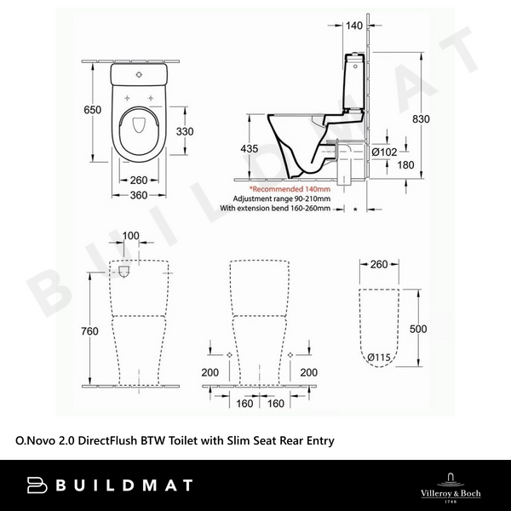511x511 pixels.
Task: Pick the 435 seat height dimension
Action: pos(248,148)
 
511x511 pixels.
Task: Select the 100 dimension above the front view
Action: pos(131,235)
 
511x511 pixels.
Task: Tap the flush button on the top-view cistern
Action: pos(137,75)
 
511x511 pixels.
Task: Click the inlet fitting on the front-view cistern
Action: pos(125,273)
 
